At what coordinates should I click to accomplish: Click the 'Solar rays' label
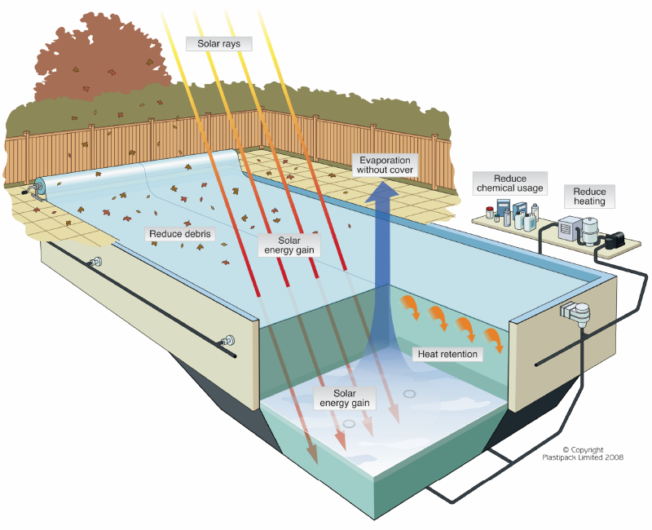click(x=219, y=42)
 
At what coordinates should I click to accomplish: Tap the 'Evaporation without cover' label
click(x=385, y=164)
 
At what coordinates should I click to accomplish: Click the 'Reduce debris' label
click(x=180, y=234)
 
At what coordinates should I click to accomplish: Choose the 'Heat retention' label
click(x=447, y=354)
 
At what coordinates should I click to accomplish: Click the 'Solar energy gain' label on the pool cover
click(x=289, y=245)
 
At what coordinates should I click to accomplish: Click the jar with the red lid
click(x=489, y=214)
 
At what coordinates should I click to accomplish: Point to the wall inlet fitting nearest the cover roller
click(x=96, y=263)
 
